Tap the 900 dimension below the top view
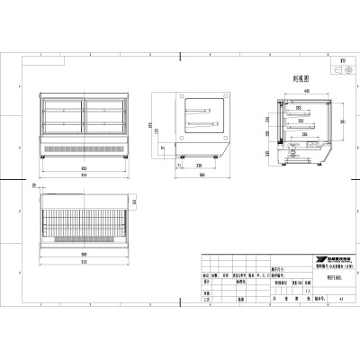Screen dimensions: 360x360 click(81, 254)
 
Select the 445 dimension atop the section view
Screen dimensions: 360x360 click(307, 91)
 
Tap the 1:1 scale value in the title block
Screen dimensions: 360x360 click(308, 291)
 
